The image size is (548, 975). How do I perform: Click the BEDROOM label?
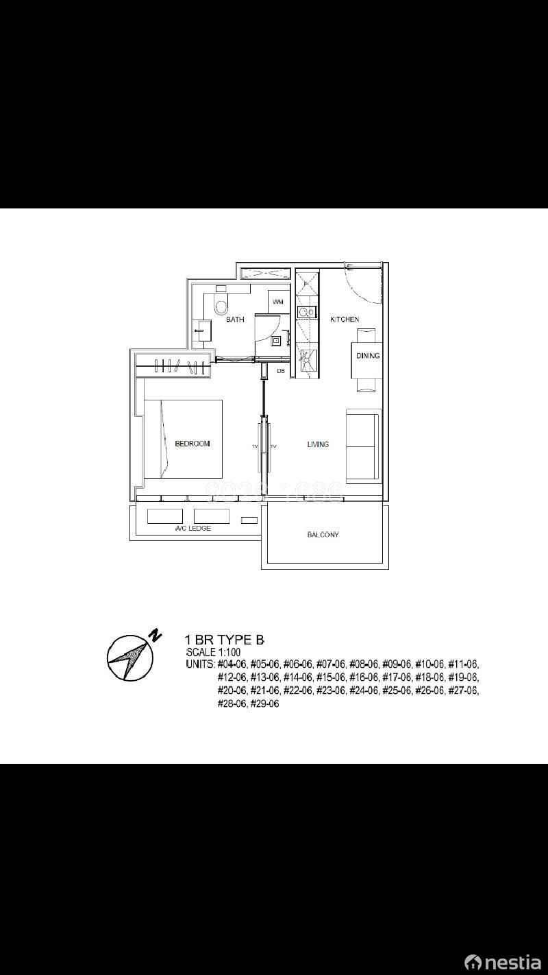[192, 444]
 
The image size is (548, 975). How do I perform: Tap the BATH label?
[235, 320]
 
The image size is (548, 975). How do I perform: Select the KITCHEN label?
[344, 320]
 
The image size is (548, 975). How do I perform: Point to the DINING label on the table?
[367, 356]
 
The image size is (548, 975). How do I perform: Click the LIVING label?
[317, 444]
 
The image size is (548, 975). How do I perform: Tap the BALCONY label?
[323, 535]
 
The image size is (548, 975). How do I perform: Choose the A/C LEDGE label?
[192, 529]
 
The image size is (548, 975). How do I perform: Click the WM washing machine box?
[277, 302]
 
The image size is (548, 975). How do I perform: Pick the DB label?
[280, 371]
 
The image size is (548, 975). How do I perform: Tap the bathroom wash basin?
[203, 330]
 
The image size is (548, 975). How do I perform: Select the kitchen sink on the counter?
[306, 313]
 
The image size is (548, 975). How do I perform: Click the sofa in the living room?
[363, 446]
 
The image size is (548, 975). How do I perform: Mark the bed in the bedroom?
[183, 439]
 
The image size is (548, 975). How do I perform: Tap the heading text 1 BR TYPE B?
[225, 640]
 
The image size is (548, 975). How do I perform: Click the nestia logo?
[503, 962]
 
